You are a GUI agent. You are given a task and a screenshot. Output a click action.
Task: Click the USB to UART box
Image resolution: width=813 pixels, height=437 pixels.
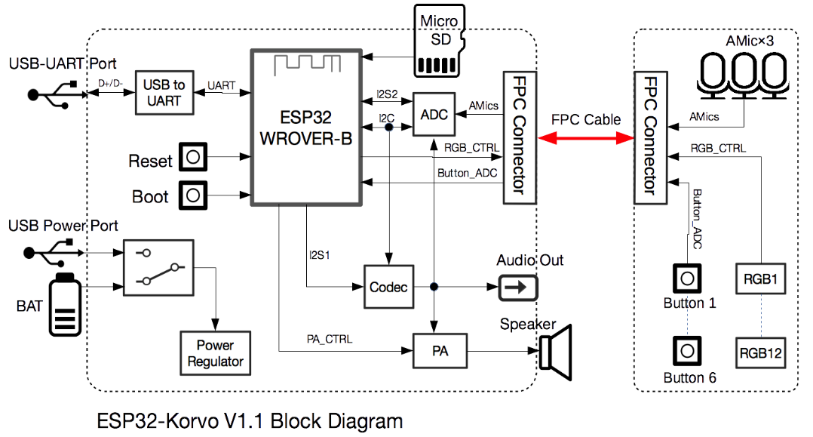tap(163, 93)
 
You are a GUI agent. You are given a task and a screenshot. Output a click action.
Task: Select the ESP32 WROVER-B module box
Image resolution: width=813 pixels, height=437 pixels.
tap(305, 127)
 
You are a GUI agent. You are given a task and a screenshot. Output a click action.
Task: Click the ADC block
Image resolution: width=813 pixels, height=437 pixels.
tap(434, 115)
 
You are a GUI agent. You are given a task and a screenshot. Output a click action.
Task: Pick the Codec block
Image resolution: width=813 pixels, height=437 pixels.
tap(388, 287)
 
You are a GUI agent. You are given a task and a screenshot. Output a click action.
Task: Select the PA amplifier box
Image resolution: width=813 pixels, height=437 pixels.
tap(440, 351)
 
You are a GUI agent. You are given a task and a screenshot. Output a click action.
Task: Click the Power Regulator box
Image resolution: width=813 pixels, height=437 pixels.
tap(215, 352)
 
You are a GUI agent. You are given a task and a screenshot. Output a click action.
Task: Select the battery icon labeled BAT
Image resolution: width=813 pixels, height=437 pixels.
tap(66, 305)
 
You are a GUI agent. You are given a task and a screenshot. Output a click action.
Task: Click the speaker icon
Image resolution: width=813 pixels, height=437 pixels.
tap(557, 351)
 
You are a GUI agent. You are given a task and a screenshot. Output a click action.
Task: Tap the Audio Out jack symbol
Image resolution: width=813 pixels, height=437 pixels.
tap(517, 287)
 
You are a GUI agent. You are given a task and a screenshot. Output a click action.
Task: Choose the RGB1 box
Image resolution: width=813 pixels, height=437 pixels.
tap(759, 279)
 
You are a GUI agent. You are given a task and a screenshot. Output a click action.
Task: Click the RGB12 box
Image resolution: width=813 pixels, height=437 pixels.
tap(759, 352)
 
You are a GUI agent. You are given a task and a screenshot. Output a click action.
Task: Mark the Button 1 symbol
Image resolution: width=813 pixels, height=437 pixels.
tap(687, 279)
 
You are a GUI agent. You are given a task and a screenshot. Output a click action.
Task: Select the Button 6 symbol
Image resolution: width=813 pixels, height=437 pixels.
tap(687, 351)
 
